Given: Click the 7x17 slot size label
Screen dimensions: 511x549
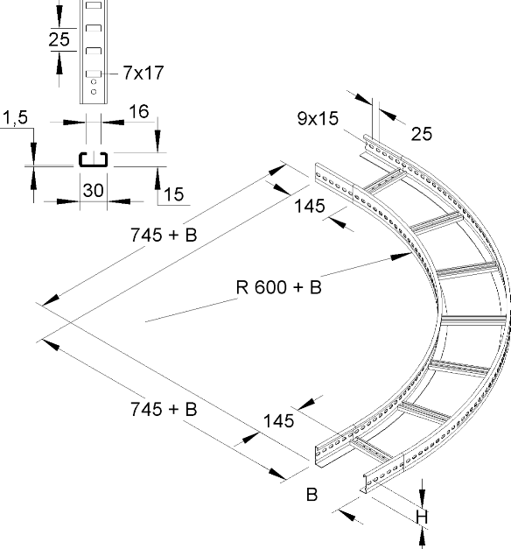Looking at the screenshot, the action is pos(143,73).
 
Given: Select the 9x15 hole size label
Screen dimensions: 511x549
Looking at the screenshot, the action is pos(318,118).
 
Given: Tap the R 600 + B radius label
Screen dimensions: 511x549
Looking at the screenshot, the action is pos(278,287).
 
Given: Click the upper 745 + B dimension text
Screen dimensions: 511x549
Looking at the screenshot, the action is pos(164,235).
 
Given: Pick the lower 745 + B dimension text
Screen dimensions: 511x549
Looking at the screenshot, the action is pos(164,409).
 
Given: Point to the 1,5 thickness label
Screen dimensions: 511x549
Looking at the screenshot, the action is pos(16,117).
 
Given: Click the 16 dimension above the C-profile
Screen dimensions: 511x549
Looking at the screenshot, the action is pos(138,112).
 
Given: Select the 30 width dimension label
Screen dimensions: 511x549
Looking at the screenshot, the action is pos(93,191).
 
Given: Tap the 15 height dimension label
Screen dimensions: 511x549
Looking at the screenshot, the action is pos(173,194).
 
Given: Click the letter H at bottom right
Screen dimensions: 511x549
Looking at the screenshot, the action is pos(422,517).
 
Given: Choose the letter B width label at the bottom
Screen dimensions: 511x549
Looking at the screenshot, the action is pos(311,495).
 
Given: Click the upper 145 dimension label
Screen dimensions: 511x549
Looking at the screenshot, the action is pos(310,206).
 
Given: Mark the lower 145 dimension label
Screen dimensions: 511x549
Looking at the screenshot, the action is pos(278,421).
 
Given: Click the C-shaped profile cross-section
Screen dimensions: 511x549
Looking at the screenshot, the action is pos(93,159).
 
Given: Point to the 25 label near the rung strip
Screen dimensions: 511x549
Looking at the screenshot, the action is pos(59,39).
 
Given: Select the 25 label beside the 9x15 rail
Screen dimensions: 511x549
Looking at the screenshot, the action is pos(422,134).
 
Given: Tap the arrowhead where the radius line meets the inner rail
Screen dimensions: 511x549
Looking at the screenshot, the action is pos(402,257).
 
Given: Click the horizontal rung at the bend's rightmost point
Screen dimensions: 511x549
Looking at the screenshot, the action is pos(473,320).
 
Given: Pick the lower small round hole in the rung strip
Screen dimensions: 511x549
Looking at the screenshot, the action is pos(94,92).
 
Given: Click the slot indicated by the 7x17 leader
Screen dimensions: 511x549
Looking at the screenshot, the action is pos(94,74).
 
